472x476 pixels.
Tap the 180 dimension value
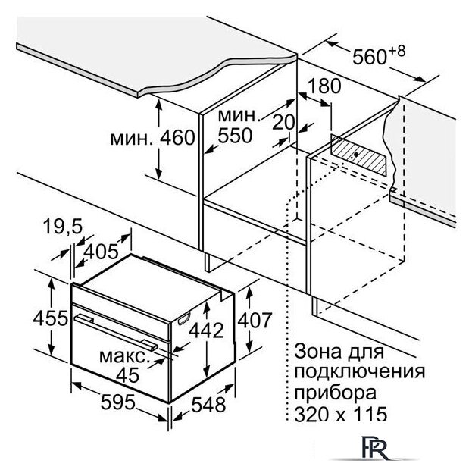324,86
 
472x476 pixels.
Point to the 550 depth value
235,136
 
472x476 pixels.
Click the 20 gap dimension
283,122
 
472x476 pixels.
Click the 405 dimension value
101,252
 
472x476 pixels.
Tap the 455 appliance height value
51,318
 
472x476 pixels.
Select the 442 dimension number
206,330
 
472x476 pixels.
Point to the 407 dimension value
255,321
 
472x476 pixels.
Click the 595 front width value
117,402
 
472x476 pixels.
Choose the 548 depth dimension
208,405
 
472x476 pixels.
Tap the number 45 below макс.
128,375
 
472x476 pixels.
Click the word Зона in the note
320,352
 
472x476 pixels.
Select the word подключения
359,371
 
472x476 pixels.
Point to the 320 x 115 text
341,413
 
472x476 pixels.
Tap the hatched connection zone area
358,155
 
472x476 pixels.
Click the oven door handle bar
116,332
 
